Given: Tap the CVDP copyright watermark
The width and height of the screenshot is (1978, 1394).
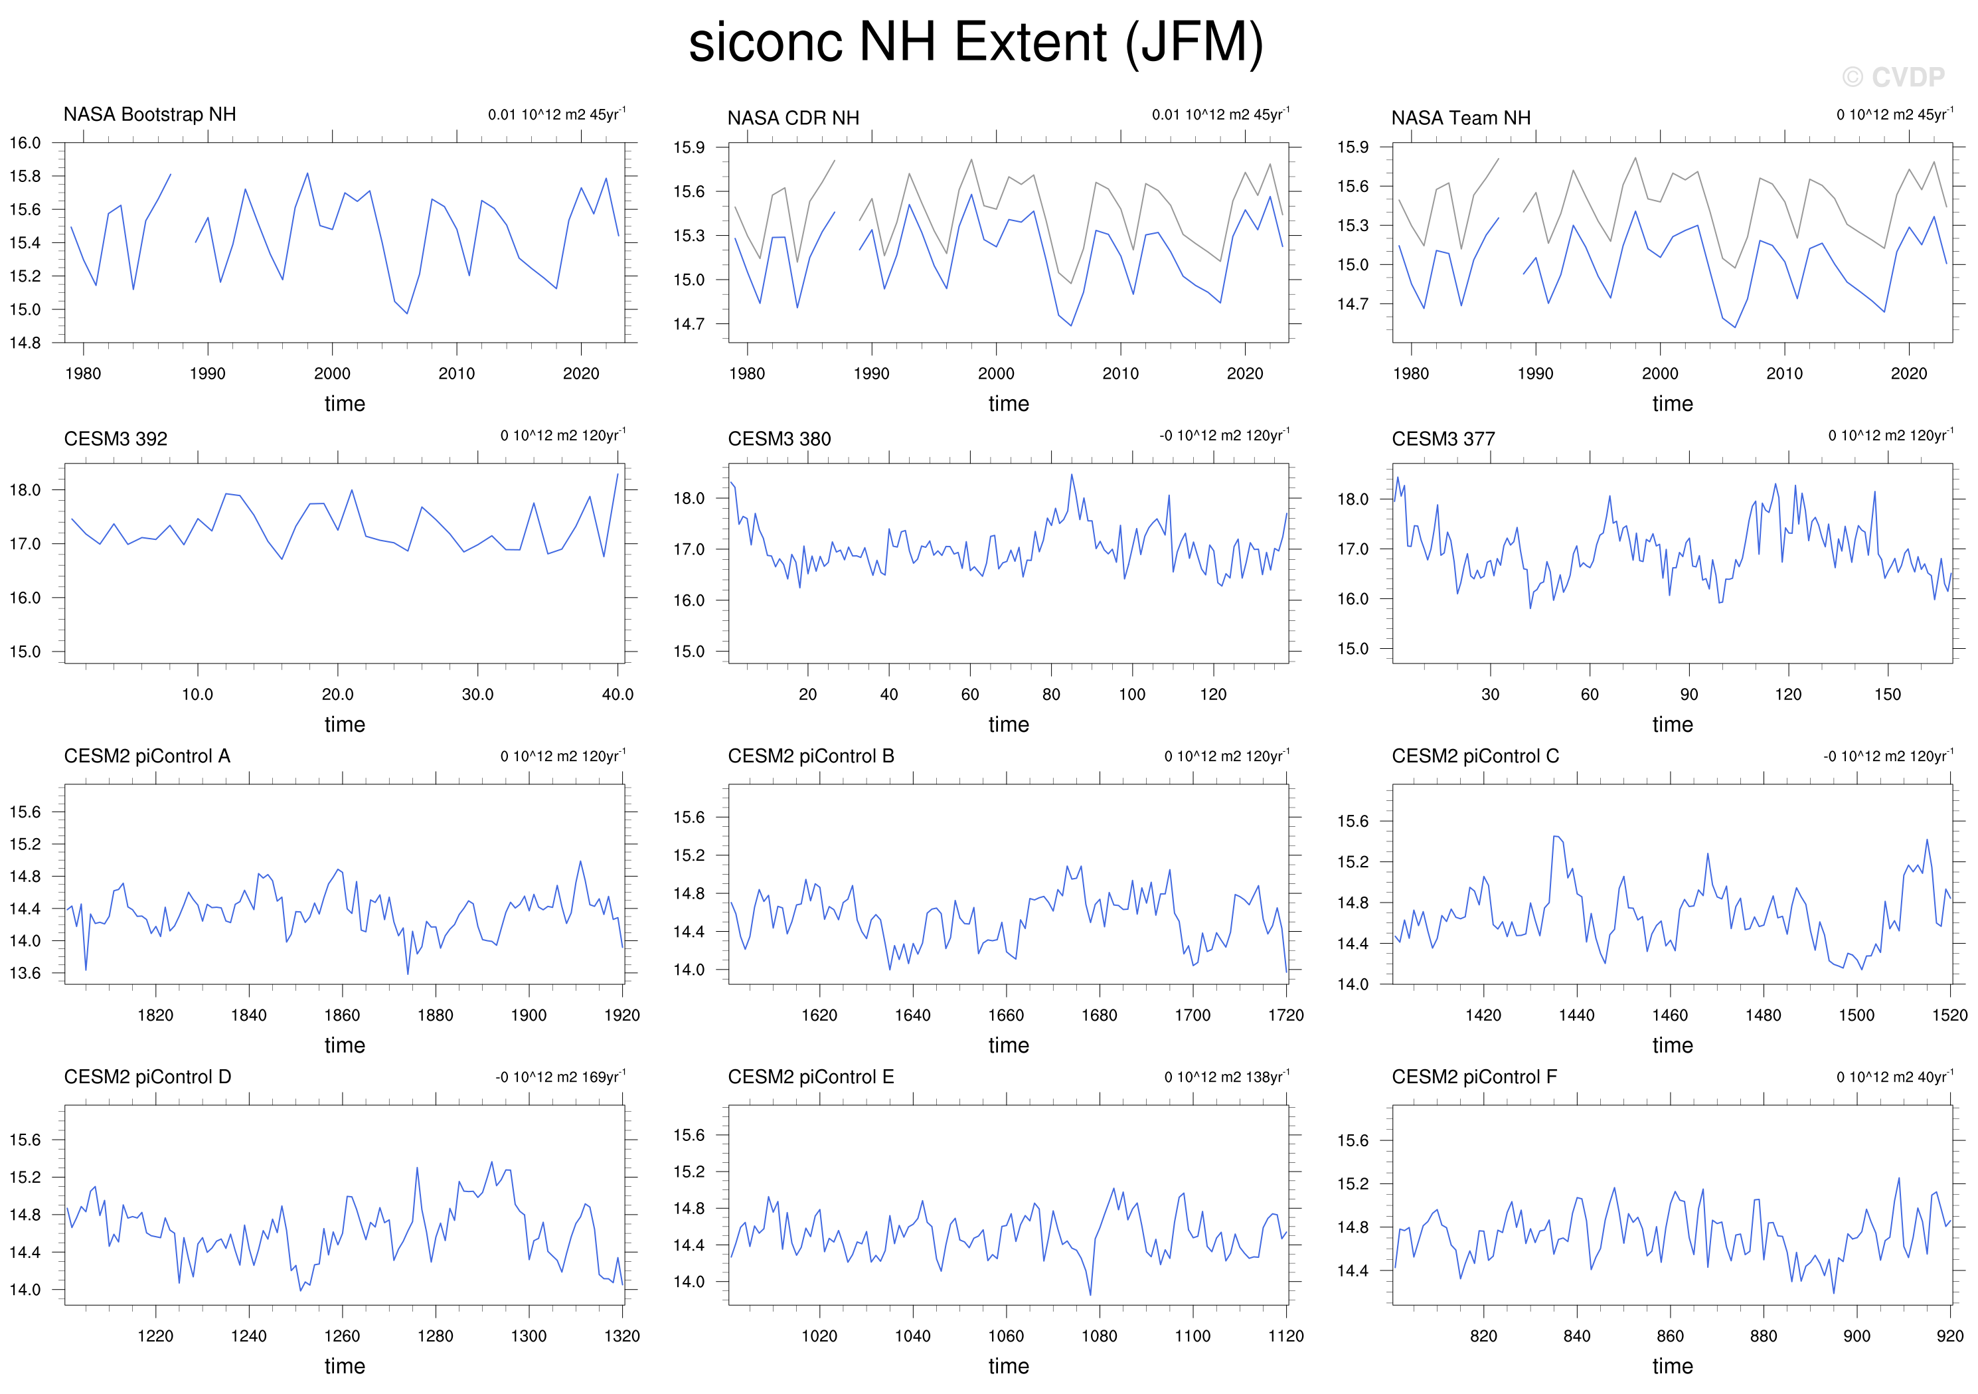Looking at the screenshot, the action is coord(1894,78).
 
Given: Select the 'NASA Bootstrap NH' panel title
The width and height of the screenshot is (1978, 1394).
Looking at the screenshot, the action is coord(150,115).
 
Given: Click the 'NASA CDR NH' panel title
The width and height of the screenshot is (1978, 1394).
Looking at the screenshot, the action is coord(793,118).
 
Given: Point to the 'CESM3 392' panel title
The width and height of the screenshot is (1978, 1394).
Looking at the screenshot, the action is coord(116,438).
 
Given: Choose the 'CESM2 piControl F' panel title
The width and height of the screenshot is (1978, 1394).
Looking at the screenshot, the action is coord(1474,1077).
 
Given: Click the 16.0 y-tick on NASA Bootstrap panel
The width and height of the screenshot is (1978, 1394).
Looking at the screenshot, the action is coord(25,143).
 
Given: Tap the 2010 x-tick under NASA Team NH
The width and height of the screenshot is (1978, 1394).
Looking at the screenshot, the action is coord(1784,373).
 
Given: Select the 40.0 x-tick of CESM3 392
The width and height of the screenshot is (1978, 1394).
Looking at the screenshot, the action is coord(618,695).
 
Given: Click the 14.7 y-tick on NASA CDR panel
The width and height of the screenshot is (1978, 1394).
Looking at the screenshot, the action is coord(689,324).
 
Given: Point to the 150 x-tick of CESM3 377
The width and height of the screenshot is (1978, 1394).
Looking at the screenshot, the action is coord(1888,695).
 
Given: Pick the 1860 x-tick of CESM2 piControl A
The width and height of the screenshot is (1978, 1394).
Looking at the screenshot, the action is coord(342,1015).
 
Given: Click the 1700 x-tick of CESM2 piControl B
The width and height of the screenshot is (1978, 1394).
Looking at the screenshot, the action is coord(1193,1015).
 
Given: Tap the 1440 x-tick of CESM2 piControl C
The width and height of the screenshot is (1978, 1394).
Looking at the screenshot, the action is coord(1576,1015).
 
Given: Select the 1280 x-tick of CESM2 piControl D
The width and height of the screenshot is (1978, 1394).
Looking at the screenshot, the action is coord(435,1336).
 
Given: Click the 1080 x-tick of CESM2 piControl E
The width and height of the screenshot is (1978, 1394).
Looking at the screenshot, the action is coord(1100,1336).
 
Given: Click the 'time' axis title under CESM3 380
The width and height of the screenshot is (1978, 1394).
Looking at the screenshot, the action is coord(1009,725).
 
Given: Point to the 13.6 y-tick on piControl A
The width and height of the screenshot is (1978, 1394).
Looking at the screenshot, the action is coord(25,974).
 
